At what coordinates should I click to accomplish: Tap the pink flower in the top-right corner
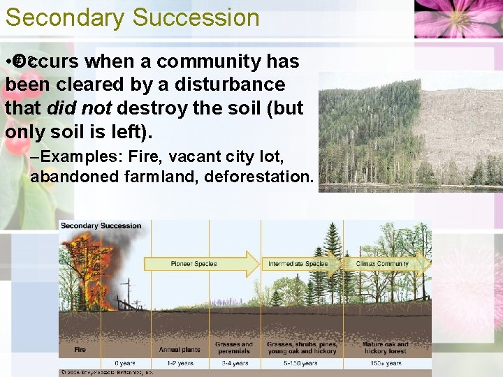[458, 17]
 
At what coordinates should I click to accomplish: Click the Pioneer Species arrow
[199, 264]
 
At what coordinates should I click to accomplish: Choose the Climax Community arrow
[383, 264]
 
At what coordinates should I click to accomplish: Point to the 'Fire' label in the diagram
[80, 349]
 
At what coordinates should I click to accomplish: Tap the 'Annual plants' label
[180, 349]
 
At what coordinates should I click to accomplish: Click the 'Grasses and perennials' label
[234, 346]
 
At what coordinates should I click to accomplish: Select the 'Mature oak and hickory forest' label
[386, 346]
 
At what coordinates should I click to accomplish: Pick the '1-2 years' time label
[180, 364]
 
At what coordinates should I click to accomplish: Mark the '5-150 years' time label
[302, 364]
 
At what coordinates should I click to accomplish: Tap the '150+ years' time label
[386, 364]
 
